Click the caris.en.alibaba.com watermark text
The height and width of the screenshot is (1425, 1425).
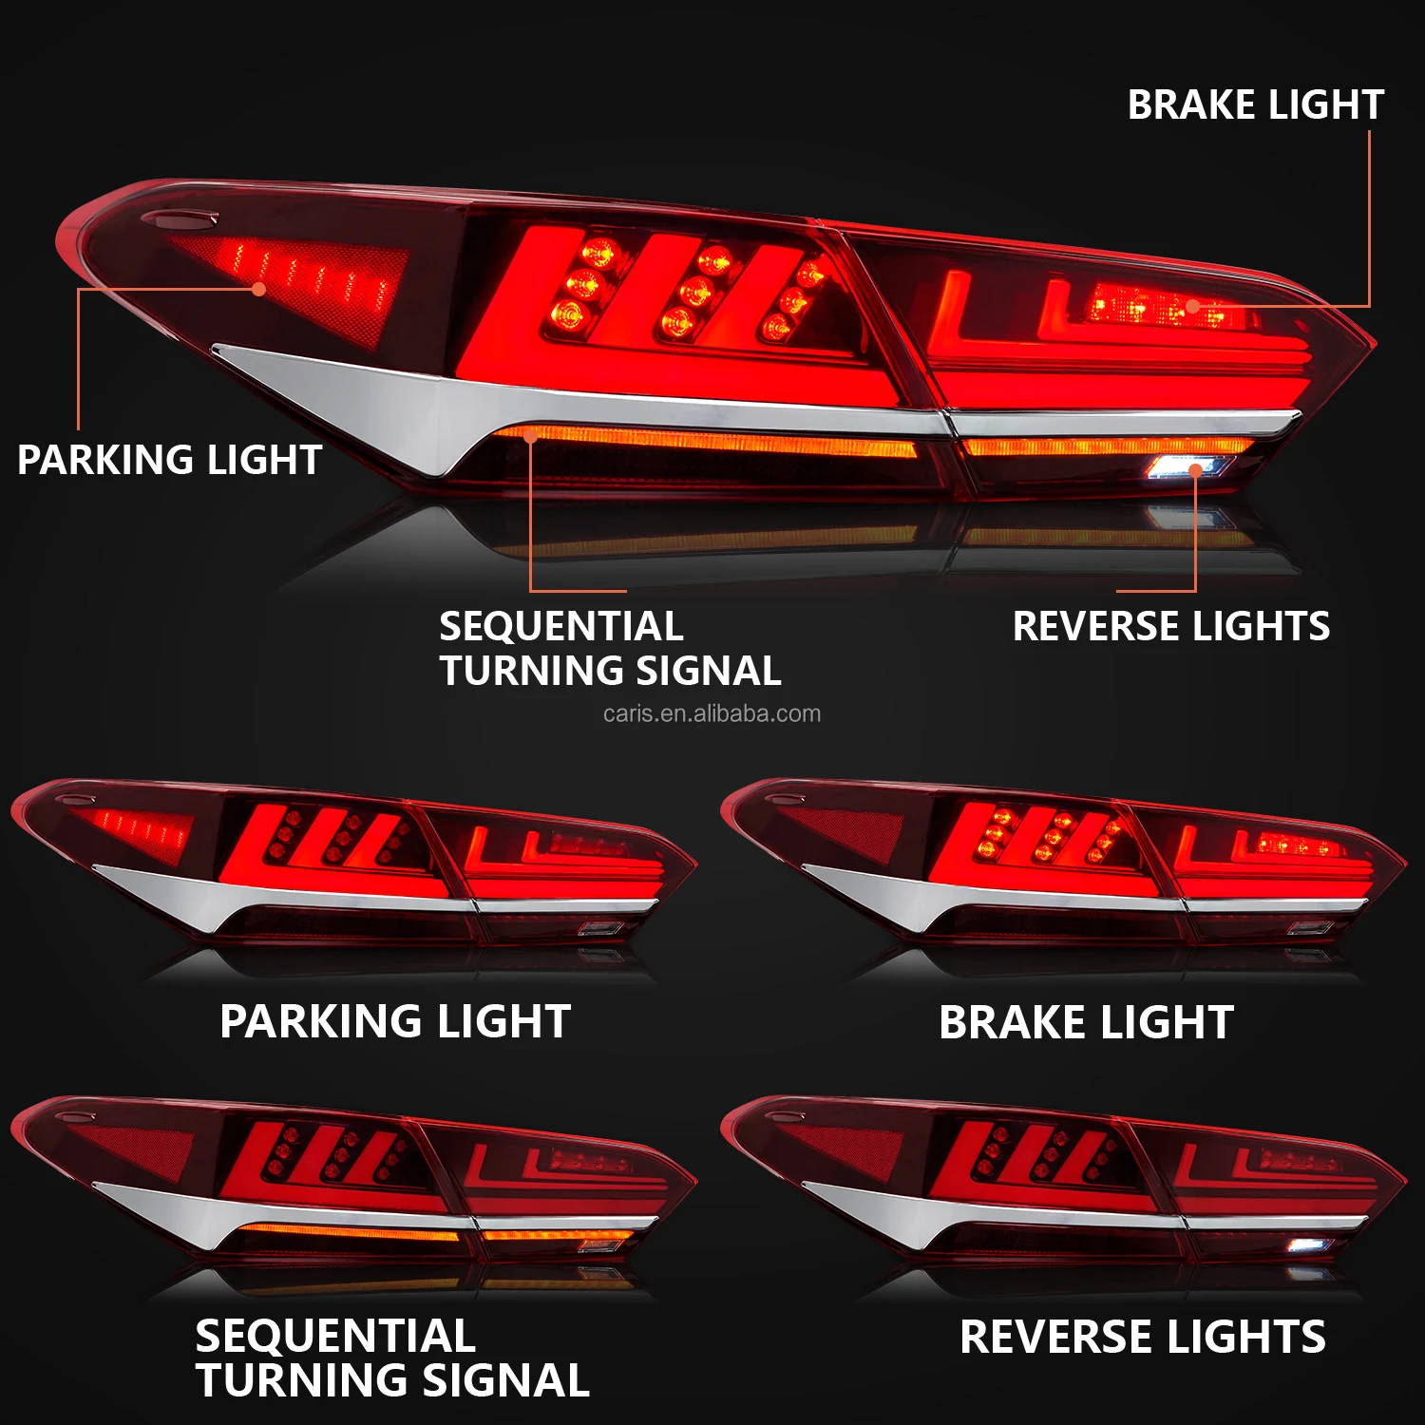(712, 713)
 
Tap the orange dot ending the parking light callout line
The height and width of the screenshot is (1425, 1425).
(259, 289)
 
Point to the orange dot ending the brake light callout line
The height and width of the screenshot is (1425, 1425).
(1192, 306)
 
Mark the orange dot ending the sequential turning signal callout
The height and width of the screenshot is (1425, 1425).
(531, 436)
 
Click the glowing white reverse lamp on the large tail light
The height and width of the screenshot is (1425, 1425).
(1188, 466)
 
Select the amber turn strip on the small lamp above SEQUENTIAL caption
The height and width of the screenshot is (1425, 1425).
(351, 1232)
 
